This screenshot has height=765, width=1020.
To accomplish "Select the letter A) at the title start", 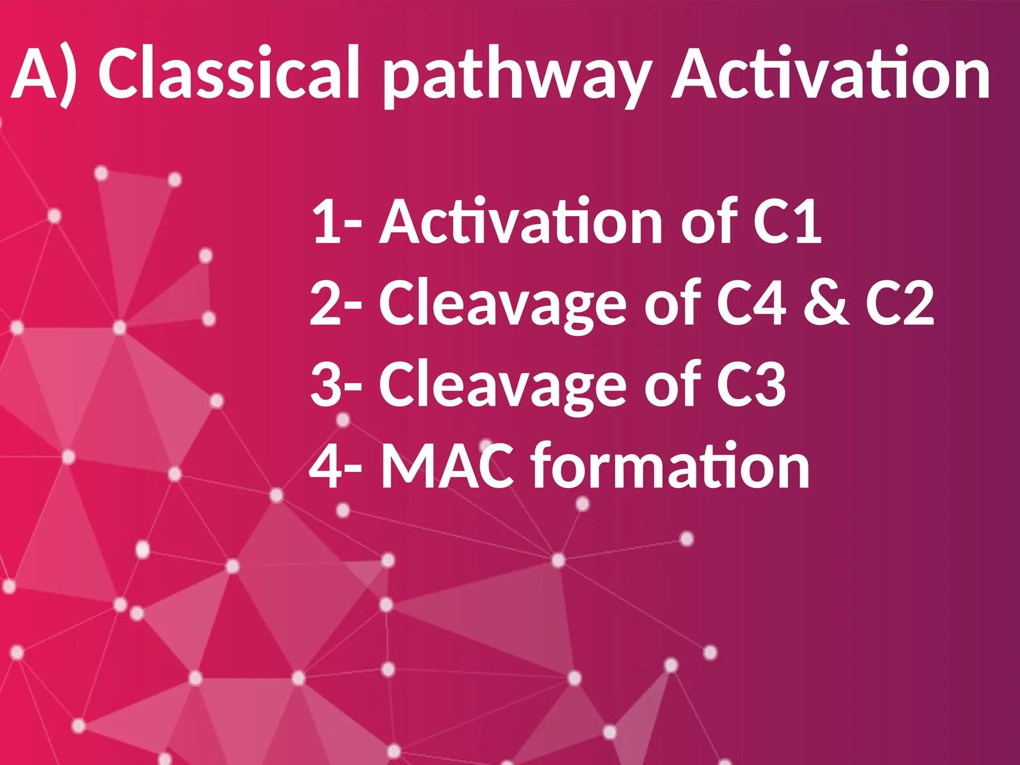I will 45,75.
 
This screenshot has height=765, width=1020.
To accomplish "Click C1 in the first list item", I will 787,222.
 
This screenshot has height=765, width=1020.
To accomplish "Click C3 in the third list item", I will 752,384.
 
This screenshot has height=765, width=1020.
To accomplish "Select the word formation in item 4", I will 670,465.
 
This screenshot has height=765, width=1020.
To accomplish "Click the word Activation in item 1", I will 521,222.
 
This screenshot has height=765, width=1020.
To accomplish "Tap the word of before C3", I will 672,384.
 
